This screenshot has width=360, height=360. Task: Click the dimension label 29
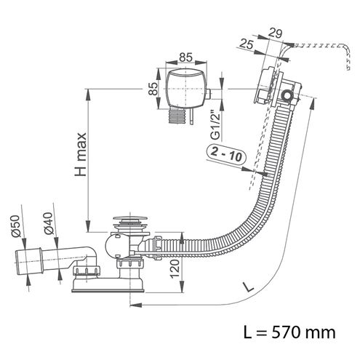[275, 33]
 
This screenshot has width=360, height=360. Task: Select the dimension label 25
[247, 44]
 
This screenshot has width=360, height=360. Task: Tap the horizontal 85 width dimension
[185, 57]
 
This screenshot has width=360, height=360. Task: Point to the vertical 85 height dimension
[153, 89]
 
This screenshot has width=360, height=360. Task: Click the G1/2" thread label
[215, 125]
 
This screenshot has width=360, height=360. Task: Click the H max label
[81, 154]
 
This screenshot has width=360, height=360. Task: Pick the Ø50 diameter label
[15, 226]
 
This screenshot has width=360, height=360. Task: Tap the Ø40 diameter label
[49, 223]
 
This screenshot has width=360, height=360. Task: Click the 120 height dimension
[175, 268]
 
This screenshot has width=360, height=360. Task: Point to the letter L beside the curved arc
[248, 287]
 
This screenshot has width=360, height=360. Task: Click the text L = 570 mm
[289, 332]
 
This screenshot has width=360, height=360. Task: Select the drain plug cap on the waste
[130, 217]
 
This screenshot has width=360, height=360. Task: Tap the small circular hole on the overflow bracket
[287, 95]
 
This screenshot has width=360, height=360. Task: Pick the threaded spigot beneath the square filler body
[177, 116]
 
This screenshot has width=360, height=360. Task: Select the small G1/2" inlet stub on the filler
[209, 94]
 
